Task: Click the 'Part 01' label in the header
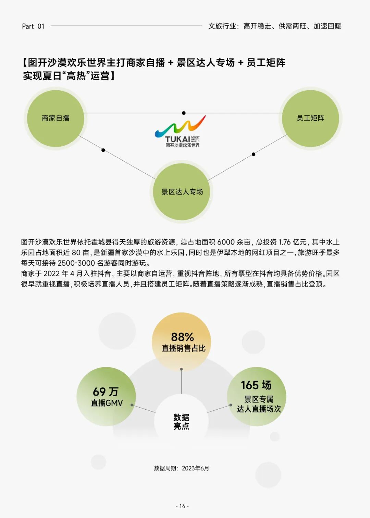(33, 26)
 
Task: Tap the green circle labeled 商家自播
(56, 118)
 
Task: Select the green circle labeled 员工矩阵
(310, 118)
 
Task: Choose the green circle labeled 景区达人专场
(182, 192)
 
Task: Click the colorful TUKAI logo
(180, 131)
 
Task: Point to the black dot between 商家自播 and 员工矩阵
(184, 113)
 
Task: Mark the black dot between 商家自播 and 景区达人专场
(103, 150)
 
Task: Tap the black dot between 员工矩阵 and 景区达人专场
(254, 154)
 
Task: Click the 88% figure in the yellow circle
(182, 337)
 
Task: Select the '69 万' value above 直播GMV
(106, 391)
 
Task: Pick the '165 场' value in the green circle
(256, 385)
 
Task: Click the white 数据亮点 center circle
(181, 421)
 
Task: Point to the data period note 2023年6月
(195, 468)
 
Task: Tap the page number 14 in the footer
(182, 506)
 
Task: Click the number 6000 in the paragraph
(226, 242)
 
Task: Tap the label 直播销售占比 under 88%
(184, 348)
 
